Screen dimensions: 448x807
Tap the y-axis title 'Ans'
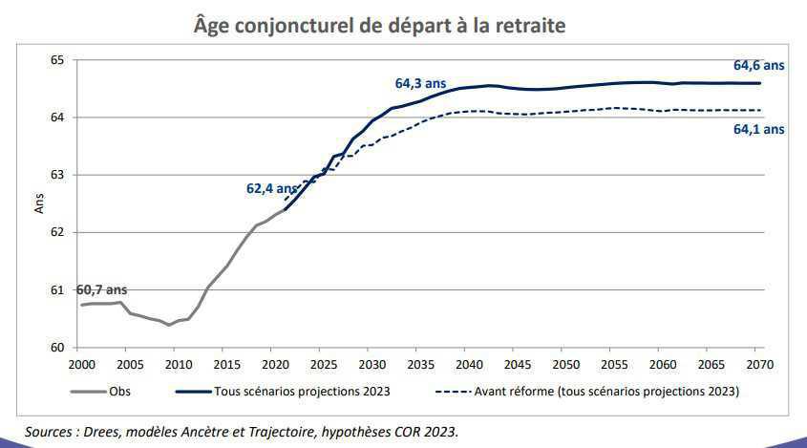(39, 203)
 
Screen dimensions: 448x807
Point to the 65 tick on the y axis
(57, 60)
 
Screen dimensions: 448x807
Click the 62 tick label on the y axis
(57, 232)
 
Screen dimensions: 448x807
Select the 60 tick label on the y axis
(57, 347)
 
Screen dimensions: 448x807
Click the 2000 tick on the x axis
(82, 365)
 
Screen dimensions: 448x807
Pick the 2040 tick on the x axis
(467, 365)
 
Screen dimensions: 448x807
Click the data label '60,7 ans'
(101, 289)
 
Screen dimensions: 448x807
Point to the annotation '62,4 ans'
(272, 189)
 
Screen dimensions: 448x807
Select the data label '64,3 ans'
(420, 84)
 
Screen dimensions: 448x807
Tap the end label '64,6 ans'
(758, 66)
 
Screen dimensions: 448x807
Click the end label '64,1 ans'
(758, 129)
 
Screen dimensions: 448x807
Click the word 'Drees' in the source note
(107, 432)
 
